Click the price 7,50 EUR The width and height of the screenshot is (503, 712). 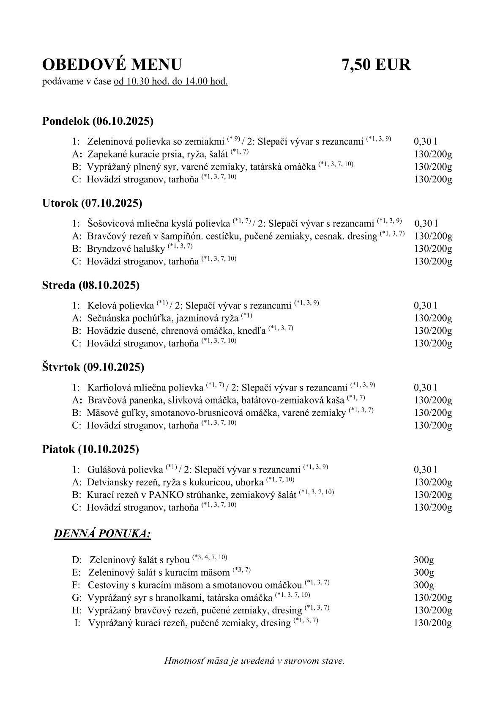click(376, 65)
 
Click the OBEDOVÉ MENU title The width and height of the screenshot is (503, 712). click(112, 65)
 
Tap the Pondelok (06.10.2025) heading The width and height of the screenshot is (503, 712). click(98, 121)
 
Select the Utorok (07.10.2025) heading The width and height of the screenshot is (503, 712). click(92, 203)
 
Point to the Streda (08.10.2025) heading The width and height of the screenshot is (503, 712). click(91, 285)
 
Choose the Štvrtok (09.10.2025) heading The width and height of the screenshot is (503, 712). click(93, 367)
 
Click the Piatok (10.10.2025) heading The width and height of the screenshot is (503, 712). click(90, 449)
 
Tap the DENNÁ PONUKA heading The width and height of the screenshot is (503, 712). click(102, 534)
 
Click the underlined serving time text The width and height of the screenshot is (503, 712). click(171, 81)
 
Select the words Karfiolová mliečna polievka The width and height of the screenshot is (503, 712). click(145, 388)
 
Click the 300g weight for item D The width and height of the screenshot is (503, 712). click(424, 560)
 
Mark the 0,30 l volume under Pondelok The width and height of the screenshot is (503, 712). click(425, 141)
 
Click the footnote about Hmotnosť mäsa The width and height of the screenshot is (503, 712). click(254, 660)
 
